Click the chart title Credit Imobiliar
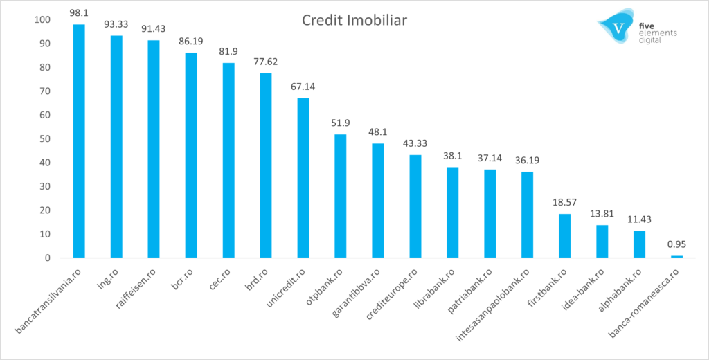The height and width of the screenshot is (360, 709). [354, 21]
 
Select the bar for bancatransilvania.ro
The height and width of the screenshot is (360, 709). [79, 141]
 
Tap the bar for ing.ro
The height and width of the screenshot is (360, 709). [116, 147]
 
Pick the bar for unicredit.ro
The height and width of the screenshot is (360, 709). [303, 178]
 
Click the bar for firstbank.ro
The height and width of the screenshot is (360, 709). [564, 236]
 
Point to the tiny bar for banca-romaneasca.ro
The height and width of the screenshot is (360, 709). [676, 257]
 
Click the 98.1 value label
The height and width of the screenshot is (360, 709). [79, 13]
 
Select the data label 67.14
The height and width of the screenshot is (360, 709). [303, 87]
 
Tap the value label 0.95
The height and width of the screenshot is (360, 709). [676, 244]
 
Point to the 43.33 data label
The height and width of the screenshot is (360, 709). [415, 143]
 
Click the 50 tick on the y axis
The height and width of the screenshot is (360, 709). [44, 138]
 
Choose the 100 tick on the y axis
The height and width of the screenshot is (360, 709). [42, 19]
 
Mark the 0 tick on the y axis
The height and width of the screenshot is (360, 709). [47, 258]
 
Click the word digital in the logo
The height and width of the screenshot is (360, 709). [651, 41]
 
